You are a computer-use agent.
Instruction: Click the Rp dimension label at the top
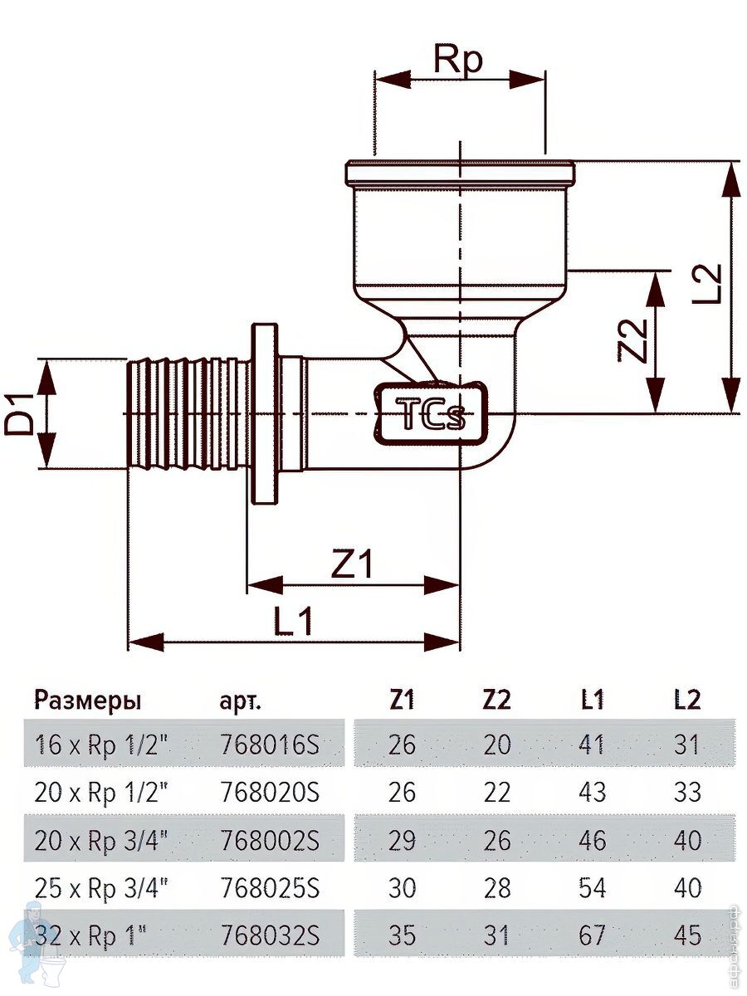(458, 60)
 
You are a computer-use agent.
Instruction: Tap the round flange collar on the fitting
(265, 413)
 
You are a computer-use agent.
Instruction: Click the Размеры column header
(88, 701)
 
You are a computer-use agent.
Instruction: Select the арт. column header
(241, 702)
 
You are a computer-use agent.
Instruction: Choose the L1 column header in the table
(593, 701)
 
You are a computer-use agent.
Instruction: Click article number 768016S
(271, 745)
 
